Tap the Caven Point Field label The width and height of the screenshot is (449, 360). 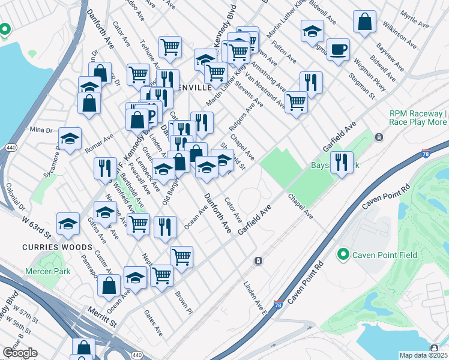[384, 255]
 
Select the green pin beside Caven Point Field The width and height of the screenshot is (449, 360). [343, 255]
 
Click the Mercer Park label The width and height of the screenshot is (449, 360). [47, 271]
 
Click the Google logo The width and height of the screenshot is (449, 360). [19, 353]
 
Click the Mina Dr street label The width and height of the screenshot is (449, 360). [41, 130]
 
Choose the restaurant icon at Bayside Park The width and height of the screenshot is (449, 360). [342, 163]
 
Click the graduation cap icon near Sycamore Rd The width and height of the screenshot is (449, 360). [70, 139]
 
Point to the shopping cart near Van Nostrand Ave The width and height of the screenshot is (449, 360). [296, 101]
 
